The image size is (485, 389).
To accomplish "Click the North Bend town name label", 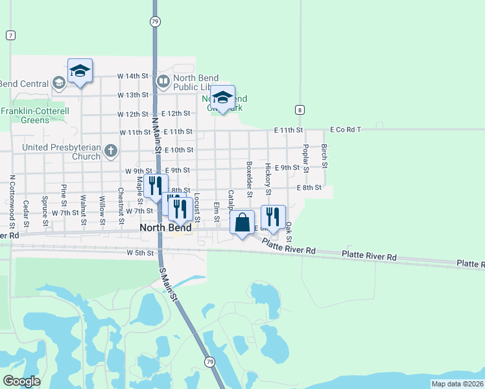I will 166,228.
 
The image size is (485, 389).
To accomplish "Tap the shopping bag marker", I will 242,223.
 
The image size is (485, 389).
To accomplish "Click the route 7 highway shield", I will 10,35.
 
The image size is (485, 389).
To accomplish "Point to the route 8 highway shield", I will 299,110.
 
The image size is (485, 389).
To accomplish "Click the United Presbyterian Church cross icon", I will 111,152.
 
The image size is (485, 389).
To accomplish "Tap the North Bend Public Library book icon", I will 163,81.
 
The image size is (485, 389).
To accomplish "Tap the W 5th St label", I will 141,253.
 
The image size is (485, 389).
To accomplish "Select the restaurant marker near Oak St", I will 273,218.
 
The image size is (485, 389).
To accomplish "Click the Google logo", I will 21,381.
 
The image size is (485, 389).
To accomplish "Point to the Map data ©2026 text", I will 457,384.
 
